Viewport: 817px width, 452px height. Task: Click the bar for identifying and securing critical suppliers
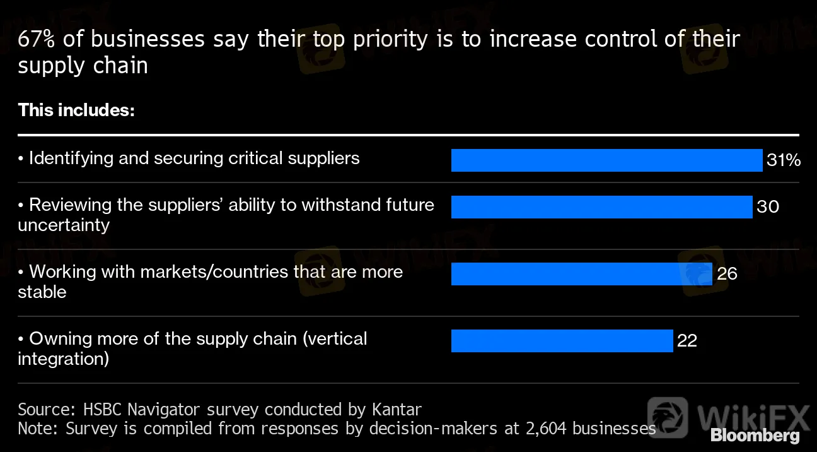pos(606,160)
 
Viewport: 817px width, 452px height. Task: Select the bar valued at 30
pos(601,207)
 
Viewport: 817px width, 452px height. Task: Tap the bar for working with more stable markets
pos(581,274)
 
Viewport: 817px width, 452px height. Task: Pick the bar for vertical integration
pos(562,341)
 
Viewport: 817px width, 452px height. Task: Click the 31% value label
pos(784,160)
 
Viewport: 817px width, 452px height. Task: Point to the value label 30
pos(768,207)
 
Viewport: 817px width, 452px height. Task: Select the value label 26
pos(727,274)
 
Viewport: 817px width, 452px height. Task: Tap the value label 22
pos(687,341)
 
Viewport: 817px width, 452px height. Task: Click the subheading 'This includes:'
pos(76,110)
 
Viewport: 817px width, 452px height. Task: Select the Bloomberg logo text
pos(755,436)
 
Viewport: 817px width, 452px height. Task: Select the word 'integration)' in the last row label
pos(63,359)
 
